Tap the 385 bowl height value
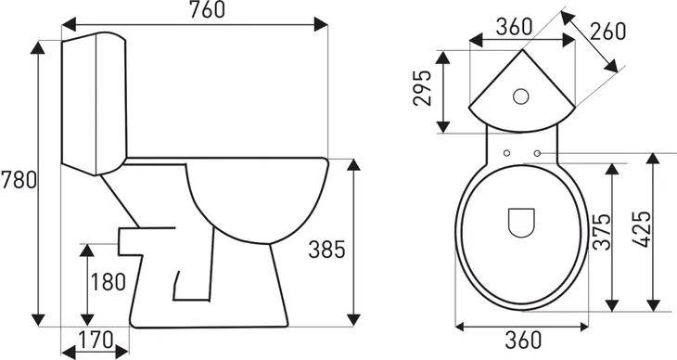pos(326,249)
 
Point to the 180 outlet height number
pos(109,282)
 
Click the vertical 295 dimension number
pos(425,88)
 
